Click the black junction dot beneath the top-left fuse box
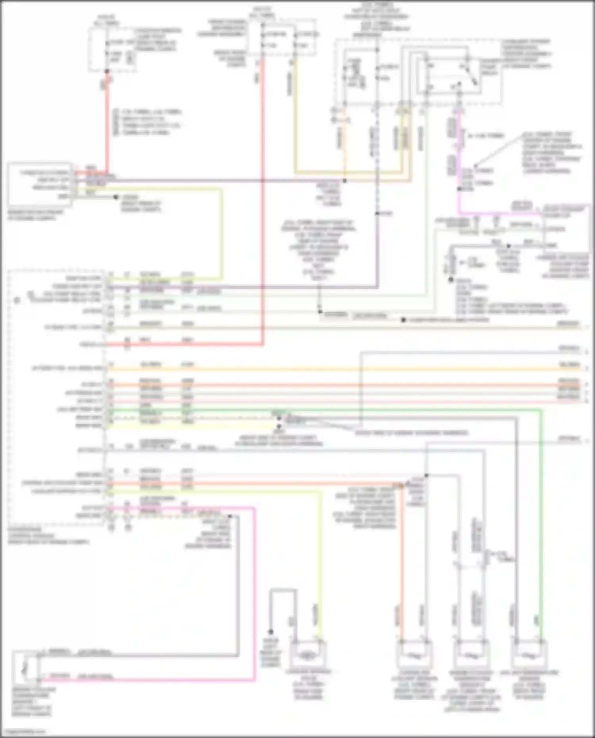[x=107, y=71]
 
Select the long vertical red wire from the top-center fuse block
[x=263, y=198]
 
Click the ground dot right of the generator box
[x=116, y=197]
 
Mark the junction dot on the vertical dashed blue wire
[x=377, y=213]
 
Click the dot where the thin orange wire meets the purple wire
[x=345, y=181]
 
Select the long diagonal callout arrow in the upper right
[x=500, y=151]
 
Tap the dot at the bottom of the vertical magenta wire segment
[x=459, y=189]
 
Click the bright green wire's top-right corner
[x=541, y=411]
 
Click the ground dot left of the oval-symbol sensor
[x=271, y=632]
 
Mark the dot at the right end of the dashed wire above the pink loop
[x=230, y=516]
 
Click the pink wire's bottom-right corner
[x=254, y=680]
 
